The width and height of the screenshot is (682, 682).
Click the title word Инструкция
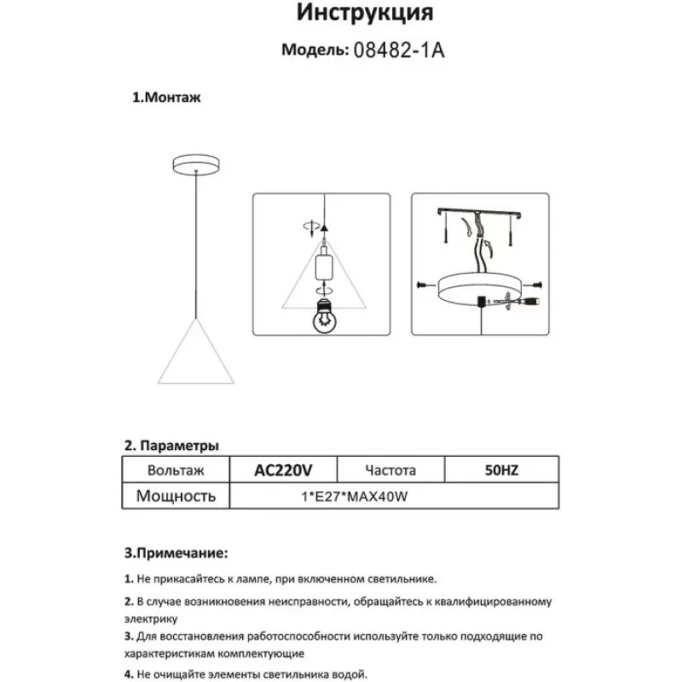(364, 14)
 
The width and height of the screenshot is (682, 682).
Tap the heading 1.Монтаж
(166, 97)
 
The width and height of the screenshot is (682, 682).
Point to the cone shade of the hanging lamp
(197, 353)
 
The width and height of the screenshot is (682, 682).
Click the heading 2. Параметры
(171, 445)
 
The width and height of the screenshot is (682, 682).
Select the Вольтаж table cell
(176, 470)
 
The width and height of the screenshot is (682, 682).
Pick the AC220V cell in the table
(285, 470)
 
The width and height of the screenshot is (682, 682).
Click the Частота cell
(390, 470)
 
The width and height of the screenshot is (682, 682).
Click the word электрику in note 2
(151, 618)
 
